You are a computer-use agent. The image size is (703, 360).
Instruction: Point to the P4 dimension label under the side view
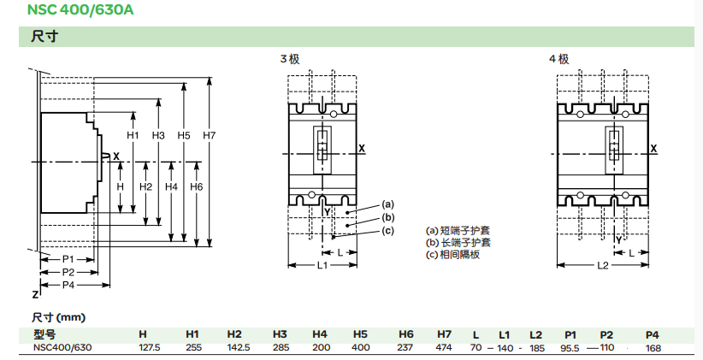point(69,284)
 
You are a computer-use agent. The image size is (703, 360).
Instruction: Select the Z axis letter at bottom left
point(35,294)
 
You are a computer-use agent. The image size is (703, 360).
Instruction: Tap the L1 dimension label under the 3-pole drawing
point(323,267)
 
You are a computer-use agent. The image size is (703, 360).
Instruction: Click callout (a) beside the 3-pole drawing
point(387,204)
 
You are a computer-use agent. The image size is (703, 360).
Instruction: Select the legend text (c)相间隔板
point(452,254)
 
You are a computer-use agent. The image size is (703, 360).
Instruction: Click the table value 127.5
point(149,347)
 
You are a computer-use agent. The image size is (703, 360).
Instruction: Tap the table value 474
point(444,347)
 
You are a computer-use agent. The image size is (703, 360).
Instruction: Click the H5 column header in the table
point(360,334)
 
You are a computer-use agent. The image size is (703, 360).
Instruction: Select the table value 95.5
point(570,347)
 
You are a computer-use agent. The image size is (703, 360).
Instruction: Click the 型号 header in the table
point(44,334)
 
